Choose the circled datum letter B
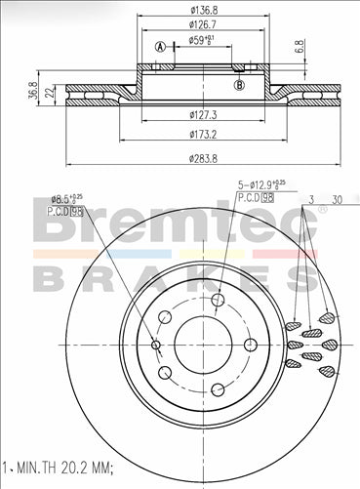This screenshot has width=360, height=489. click(x=240, y=84)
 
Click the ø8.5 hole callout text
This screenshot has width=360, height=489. click(x=77, y=197)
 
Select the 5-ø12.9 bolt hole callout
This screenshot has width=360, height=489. click(x=261, y=184)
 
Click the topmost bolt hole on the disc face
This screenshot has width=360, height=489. click(x=217, y=300)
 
